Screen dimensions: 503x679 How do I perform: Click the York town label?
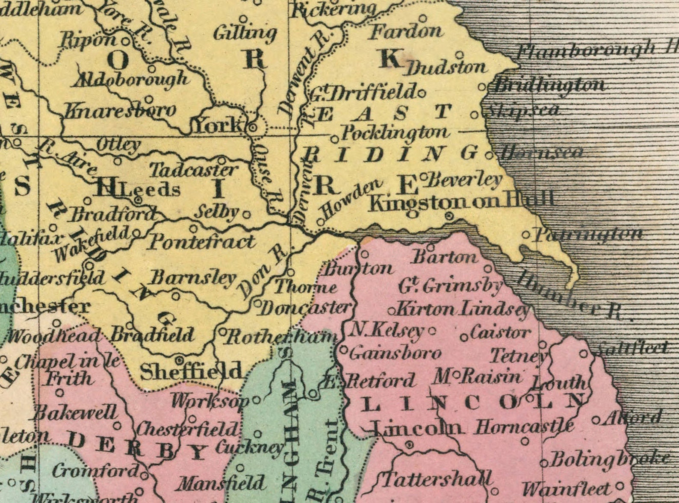[218, 125]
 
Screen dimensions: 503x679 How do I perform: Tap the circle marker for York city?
[253, 127]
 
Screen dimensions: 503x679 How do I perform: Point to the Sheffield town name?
[191, 372]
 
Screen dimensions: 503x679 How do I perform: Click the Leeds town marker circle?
[138, 200]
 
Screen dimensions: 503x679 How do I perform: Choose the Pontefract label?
[201, 242]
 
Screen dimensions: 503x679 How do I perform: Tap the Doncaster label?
[306, 308]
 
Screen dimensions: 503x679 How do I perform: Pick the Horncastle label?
[524, 426]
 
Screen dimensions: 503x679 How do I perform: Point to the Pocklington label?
[396, 132]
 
